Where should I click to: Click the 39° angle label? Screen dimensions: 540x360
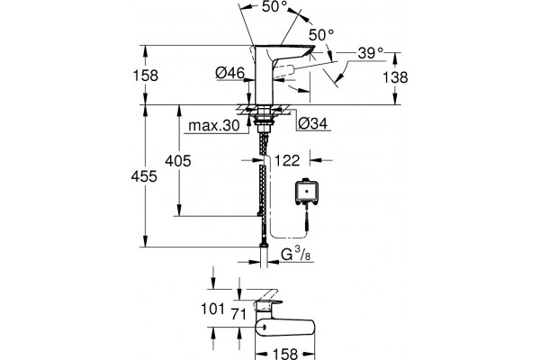click(371, 53)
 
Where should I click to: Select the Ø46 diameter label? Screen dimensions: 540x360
click(230, 73)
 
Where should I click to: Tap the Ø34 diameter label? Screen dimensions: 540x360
click(312, 123)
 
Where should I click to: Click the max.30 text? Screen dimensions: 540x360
click(214, 126)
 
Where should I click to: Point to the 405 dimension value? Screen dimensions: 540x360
click(178, 161)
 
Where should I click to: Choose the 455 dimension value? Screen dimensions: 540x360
click(144, 176)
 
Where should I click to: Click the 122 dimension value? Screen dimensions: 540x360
click(287, 160)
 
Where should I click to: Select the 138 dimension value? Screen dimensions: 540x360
click(395, 77)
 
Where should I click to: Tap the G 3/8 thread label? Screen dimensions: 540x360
click(296, 255)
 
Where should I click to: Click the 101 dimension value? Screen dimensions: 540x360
click(212, 309)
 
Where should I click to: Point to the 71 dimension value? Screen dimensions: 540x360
click(238, 314)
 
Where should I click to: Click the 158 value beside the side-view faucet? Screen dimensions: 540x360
click(146, 75)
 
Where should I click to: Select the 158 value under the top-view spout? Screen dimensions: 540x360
click(285, 354)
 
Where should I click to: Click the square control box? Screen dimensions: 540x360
click(305, 192)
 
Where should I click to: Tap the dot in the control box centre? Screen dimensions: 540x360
click(305, 190)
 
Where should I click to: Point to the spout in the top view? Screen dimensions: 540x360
click(285, 328)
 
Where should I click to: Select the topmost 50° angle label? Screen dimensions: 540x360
click(274, 7)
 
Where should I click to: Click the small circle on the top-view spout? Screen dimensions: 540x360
click(264, 328)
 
